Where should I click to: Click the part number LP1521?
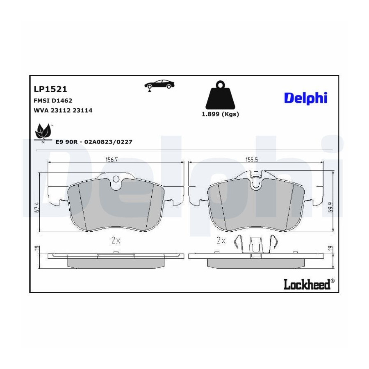click(x=50, y=89)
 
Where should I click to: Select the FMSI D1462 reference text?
click(x=53, y=100)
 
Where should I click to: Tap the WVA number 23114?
click(x=82, y=110)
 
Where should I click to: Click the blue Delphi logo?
click(x=306, y=98)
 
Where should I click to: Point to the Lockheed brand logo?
click(x=309, y=284)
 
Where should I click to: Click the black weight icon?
click(x=221, y=95)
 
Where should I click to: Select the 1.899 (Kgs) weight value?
click(x=221, y=114)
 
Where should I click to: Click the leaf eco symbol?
click(x=43, y=133)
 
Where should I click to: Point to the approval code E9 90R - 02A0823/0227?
click(x=94, y=142)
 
